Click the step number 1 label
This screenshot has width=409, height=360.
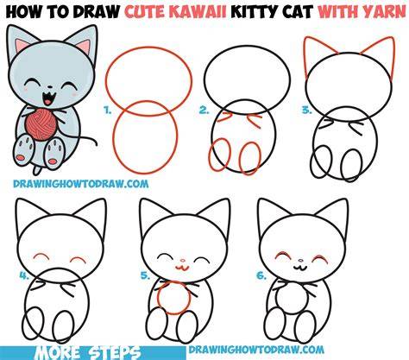point(108,110)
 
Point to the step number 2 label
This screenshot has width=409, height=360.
point(204,110)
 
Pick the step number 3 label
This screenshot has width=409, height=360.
point(307,110)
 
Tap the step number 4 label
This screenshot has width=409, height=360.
point(24,275)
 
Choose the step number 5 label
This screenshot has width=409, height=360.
point(145,275)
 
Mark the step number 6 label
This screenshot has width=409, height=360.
point(261,275)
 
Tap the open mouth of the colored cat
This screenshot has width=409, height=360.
point(48,98)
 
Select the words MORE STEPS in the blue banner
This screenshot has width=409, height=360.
point(88,353)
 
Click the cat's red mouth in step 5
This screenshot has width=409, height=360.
point(181,268)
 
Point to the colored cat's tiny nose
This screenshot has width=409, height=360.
point(49,86)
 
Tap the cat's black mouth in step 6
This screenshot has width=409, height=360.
point(300,268)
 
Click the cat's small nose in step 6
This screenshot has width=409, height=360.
point(300,261)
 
